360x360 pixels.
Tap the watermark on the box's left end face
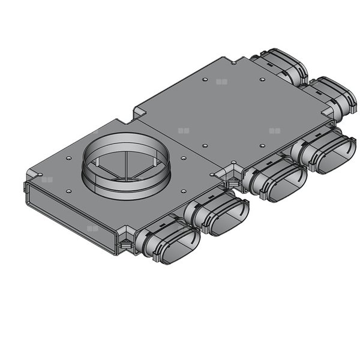[92, 228]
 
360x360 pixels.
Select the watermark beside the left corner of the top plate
[47, 178]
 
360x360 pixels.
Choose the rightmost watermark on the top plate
[274, 130]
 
